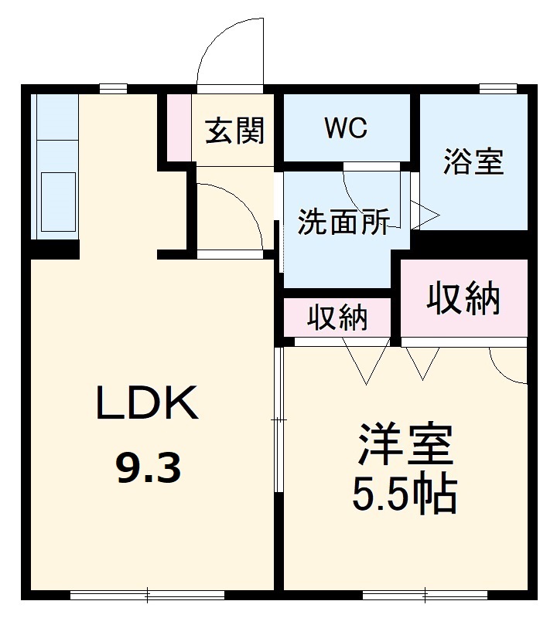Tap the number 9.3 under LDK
point(149,467)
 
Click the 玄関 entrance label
point(234,131)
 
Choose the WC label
point(345,128)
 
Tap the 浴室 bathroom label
point(473,162)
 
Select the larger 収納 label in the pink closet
point(464,298)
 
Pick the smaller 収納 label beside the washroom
point(338,317)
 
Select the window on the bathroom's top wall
point(498,88)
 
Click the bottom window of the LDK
point(147,595)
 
